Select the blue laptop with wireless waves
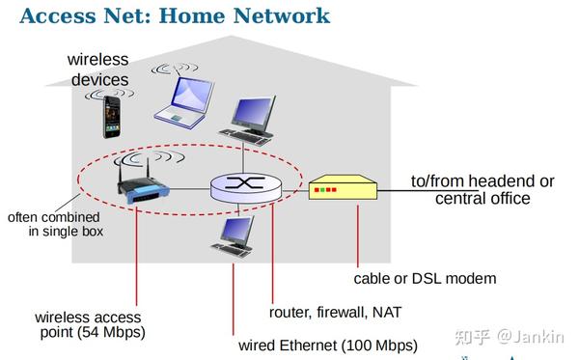[x=186, y=101]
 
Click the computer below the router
[x=234, y=235]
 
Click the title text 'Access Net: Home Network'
[x=175, y=16]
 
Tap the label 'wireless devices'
[x=98, y=69]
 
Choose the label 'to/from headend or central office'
[x=482, y=189]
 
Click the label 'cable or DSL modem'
[x=425, y=278]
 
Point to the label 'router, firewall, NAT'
[x=335, y=312]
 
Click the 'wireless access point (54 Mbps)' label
[x=89, y=325]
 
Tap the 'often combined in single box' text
[x=55, y=225]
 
